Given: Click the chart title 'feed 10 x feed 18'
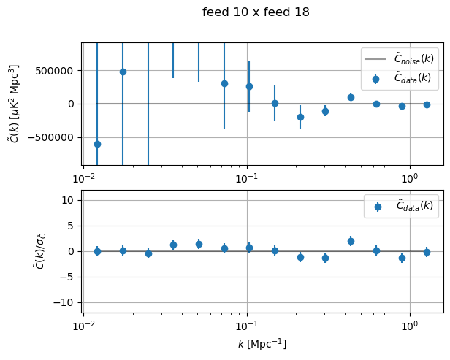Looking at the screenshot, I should pos(256,12).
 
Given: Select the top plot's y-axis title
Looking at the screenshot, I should pos(14,103).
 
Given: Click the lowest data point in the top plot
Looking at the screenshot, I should pos(97,144).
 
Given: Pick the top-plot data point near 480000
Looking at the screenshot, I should pos(123,72).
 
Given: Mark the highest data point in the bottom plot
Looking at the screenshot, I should pos(351,241).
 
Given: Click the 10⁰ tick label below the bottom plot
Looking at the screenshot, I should pos(410,325).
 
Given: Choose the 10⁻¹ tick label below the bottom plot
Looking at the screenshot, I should pos(247,325).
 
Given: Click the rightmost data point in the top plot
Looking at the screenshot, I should pos(427,104).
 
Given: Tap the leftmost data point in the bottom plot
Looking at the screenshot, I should pos(97,251).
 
